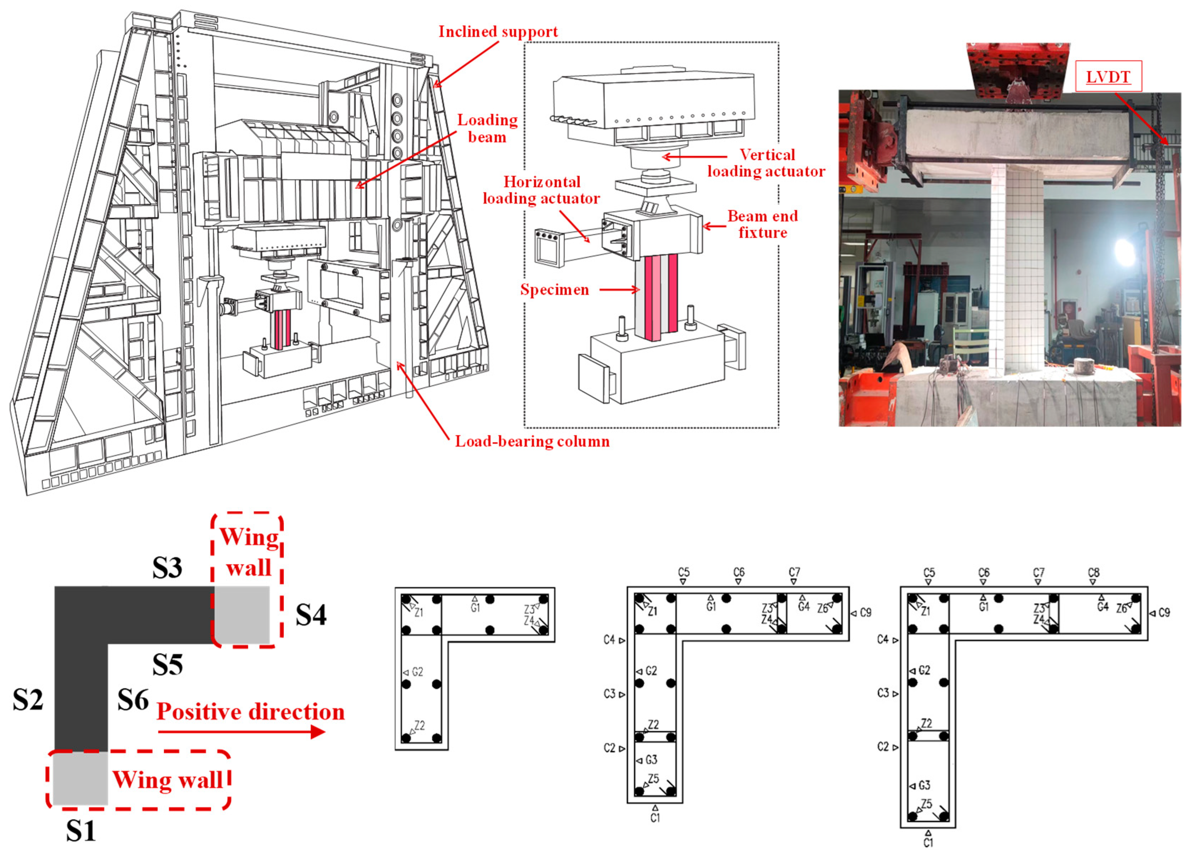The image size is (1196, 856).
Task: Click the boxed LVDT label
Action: coord(1108,77)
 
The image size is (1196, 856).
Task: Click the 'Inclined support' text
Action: coord(498,32)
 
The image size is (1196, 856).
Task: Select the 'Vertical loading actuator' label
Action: coord(766,163)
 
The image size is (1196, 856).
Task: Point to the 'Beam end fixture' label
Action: coord(763,224)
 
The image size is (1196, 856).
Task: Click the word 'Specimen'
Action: coord(554,289)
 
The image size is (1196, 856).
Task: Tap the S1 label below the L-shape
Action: coord(81,831)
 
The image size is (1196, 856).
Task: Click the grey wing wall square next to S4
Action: coord(242,614)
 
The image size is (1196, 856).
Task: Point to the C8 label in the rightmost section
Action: coord(1094,572)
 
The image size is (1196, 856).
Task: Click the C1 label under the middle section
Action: coord(655,818)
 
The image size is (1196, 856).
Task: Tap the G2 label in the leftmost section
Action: coord(417,672)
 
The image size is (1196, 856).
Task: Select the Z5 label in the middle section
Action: coord(653,778)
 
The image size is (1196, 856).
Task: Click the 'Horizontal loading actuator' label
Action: coord(541,190)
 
